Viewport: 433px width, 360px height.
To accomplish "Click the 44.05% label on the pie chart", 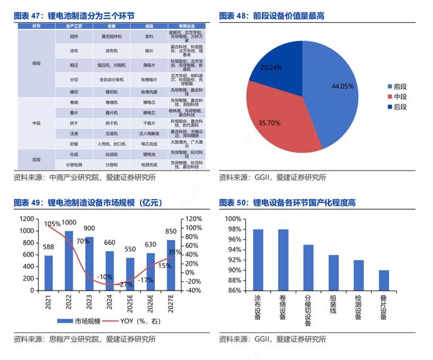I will [342, 86].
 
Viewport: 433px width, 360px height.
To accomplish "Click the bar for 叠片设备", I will [382, 280].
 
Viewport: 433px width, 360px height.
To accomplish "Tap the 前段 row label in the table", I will [36, 64].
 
